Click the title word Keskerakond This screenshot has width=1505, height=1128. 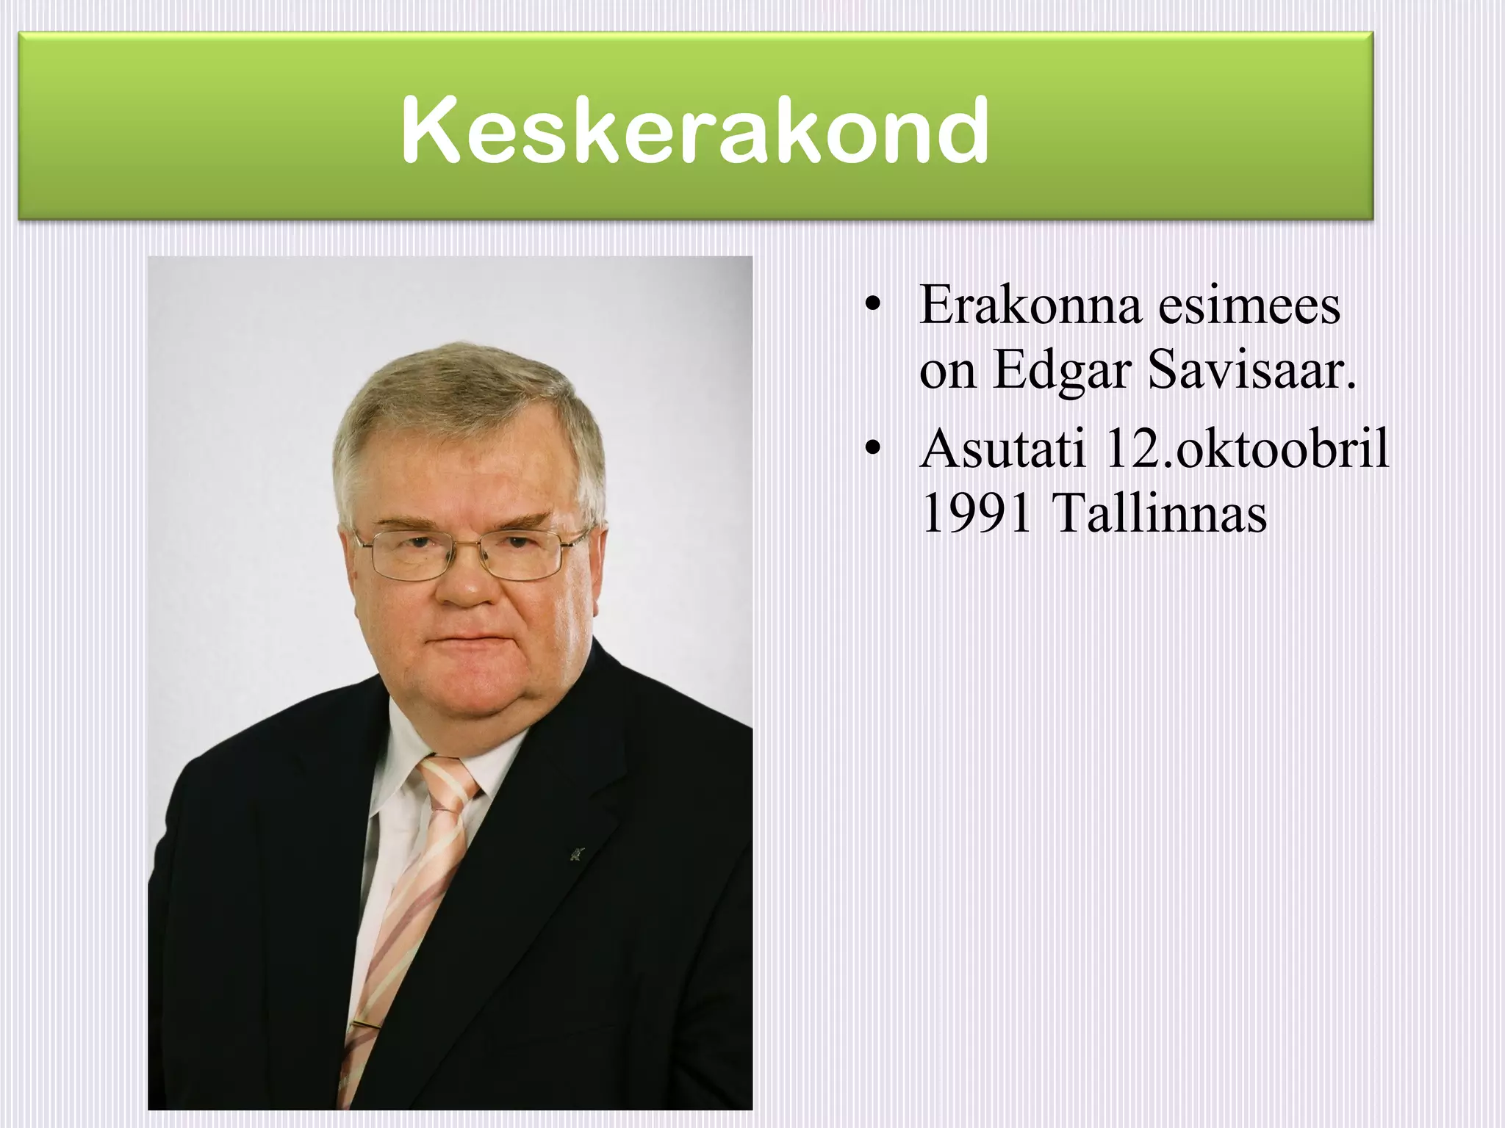click(695, 131)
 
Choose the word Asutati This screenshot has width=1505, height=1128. click(1002, 448)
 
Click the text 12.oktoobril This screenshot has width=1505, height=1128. click(1246, 448)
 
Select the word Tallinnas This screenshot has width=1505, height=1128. click(1160, 513)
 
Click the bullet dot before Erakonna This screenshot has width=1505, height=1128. click(872, 306)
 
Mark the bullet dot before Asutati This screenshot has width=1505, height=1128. click(872, 449)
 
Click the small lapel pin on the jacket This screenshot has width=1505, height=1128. click(575, 854)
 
